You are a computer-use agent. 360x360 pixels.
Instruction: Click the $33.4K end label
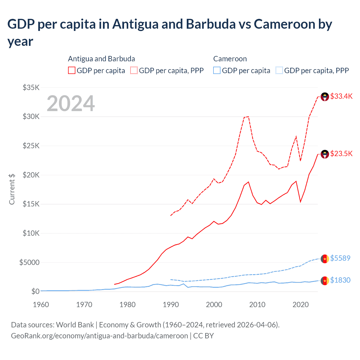341,96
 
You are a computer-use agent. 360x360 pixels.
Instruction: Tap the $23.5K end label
341,154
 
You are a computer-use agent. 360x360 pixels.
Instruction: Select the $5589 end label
340,258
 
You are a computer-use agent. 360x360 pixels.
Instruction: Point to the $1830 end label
340,280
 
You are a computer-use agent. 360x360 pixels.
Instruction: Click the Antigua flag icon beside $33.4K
325,97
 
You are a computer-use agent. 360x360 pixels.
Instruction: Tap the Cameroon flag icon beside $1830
325,281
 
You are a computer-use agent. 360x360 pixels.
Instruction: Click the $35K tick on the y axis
31,87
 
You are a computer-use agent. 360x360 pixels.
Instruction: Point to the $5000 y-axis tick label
29,262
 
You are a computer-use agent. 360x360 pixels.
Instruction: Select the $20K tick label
31,175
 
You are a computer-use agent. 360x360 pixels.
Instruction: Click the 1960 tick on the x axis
41,305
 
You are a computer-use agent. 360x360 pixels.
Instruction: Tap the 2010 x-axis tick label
257,305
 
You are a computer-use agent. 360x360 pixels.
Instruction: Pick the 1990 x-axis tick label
171,305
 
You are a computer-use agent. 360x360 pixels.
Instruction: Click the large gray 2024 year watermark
71,103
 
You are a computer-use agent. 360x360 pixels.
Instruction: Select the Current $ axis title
12,189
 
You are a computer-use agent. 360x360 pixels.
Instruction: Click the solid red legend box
72,70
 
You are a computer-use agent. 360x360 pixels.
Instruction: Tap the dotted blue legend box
279,70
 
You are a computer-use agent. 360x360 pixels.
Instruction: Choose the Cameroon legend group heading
230,59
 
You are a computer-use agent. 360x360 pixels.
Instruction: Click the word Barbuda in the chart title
211,24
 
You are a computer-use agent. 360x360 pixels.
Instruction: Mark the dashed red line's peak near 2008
248,116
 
